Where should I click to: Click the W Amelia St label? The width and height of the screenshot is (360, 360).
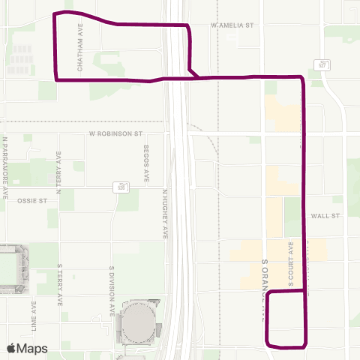[x=233, y=25]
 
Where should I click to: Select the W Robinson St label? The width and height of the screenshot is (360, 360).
[x=115, y=134]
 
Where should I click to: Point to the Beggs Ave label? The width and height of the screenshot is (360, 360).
[x=147, y=164]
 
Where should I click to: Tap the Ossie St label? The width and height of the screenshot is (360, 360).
[x=32, y=201]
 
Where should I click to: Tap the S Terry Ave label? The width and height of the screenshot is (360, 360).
[x=58, y=286]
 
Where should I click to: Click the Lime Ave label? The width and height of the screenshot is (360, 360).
[x=34, y=316]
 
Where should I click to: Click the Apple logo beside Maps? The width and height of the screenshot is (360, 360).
[x=11, y=348]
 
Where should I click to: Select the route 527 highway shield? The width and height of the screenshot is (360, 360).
[x=323, y=65]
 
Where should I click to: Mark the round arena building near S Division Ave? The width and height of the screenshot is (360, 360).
[x=138, y=322]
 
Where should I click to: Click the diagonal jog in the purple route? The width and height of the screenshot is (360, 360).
[x=193, y=72]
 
